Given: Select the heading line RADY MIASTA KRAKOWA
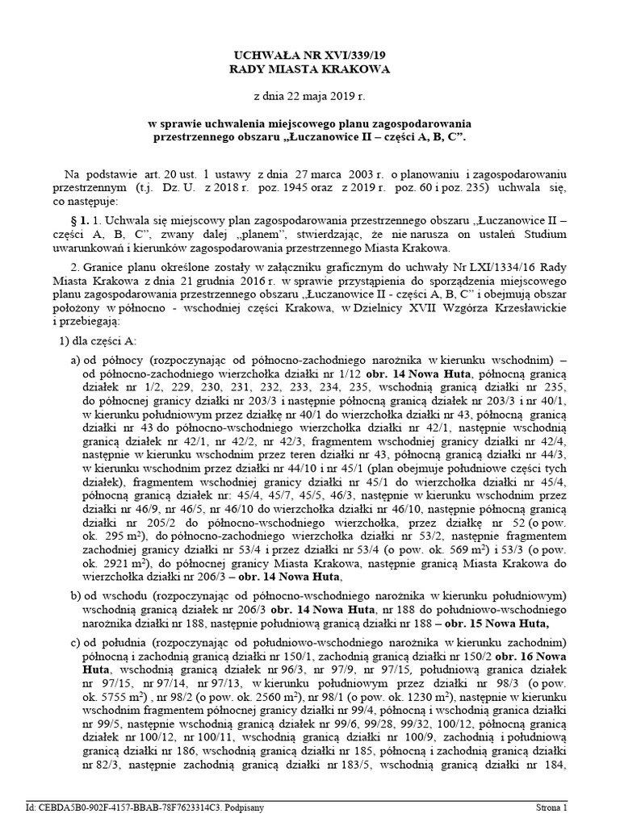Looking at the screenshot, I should pyautogui.click(x=310, y=69).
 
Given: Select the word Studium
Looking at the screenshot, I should pyautogui.click(x=534, y=234).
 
